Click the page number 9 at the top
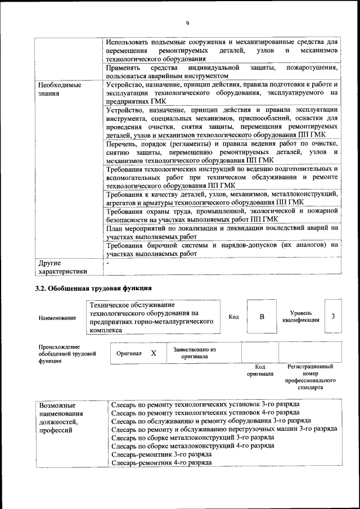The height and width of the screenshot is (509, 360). [x=187, y=22]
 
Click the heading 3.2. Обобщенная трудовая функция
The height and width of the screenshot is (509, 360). [x=93, y=289]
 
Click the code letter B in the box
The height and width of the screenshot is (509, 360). [x=262, y=317]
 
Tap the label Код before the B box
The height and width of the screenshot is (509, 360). [x=233, y=317]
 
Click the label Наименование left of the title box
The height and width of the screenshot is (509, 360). [x=57, y=318]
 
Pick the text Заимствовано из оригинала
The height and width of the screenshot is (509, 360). [x=195, y=353]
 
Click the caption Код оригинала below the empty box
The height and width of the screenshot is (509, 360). [x=260, y=370]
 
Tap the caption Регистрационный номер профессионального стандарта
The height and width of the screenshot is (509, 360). [x=310, y=377]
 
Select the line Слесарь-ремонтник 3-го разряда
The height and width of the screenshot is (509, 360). [x=161, y=453]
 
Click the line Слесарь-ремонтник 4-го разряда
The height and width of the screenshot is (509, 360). [x=161, y=462]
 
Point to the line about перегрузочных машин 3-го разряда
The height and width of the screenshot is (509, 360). [x=224, y=429]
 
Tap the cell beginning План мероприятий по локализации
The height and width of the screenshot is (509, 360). [x=222, y=232]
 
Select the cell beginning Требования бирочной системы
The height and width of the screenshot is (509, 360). [x=222, y=249]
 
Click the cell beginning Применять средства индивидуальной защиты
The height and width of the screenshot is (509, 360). [x=222, y=71]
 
